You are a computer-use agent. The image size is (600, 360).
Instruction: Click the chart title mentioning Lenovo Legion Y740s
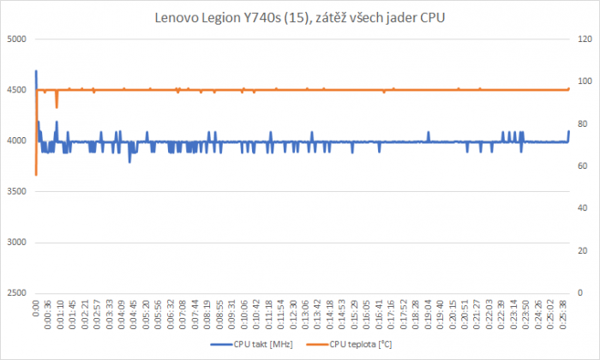(x=300, y=17)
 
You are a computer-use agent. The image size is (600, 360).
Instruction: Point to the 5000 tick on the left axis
(x=17, y=39)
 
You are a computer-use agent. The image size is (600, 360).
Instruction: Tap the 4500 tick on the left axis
(x=17, y=90)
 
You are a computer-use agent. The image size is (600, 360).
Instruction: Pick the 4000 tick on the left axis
(x=17, y=141)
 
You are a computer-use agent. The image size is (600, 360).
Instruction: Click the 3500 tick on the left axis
(x=17, y=191)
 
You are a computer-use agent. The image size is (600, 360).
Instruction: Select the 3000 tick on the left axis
(x=17, y=243)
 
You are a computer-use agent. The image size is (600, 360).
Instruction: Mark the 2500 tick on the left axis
(x=17, y=293)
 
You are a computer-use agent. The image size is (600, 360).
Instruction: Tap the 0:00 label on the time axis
(x=36, y=309)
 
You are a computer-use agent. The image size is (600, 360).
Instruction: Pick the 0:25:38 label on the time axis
(x=562, y=315)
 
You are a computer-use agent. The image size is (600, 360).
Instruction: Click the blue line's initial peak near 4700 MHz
(x=36, y=71)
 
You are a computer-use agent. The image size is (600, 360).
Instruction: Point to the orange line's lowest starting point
(x=36, y=174)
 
